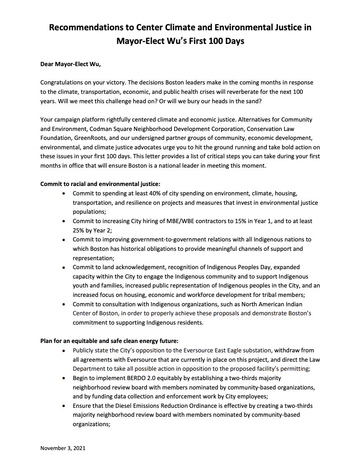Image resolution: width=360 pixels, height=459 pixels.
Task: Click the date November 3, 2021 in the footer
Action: [63, 448]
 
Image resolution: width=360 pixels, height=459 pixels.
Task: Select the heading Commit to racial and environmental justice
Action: [100, 184]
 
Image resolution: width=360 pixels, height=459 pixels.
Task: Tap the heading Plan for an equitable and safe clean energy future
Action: [109, 340]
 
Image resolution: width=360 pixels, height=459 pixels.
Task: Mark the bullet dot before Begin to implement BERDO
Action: [64, 378]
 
